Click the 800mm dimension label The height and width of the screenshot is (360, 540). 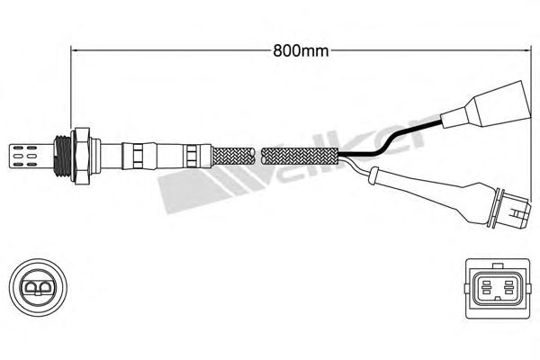coord(301,51)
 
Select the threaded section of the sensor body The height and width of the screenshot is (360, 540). coord(63,156)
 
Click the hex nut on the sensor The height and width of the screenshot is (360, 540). coord(81,156)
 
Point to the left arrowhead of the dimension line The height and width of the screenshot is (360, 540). coord(74,51)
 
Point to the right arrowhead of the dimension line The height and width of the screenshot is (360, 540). coord(526,51)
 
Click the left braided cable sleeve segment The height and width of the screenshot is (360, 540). coord(234,156)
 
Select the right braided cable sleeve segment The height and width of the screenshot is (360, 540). coord(301,156)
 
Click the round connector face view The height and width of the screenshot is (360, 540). coord(38,287)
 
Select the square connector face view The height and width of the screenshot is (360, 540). coord(497,289)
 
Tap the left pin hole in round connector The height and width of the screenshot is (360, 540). coord(30,287)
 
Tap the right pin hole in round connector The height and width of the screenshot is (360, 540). coord(46,287)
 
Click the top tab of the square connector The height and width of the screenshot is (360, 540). coord(497,265)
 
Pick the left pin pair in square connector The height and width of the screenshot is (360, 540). coord(486,287)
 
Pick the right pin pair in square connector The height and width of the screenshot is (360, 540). coord(508,287)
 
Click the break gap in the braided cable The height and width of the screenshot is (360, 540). coord(258,156)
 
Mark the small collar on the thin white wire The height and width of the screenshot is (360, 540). coord(373,175)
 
